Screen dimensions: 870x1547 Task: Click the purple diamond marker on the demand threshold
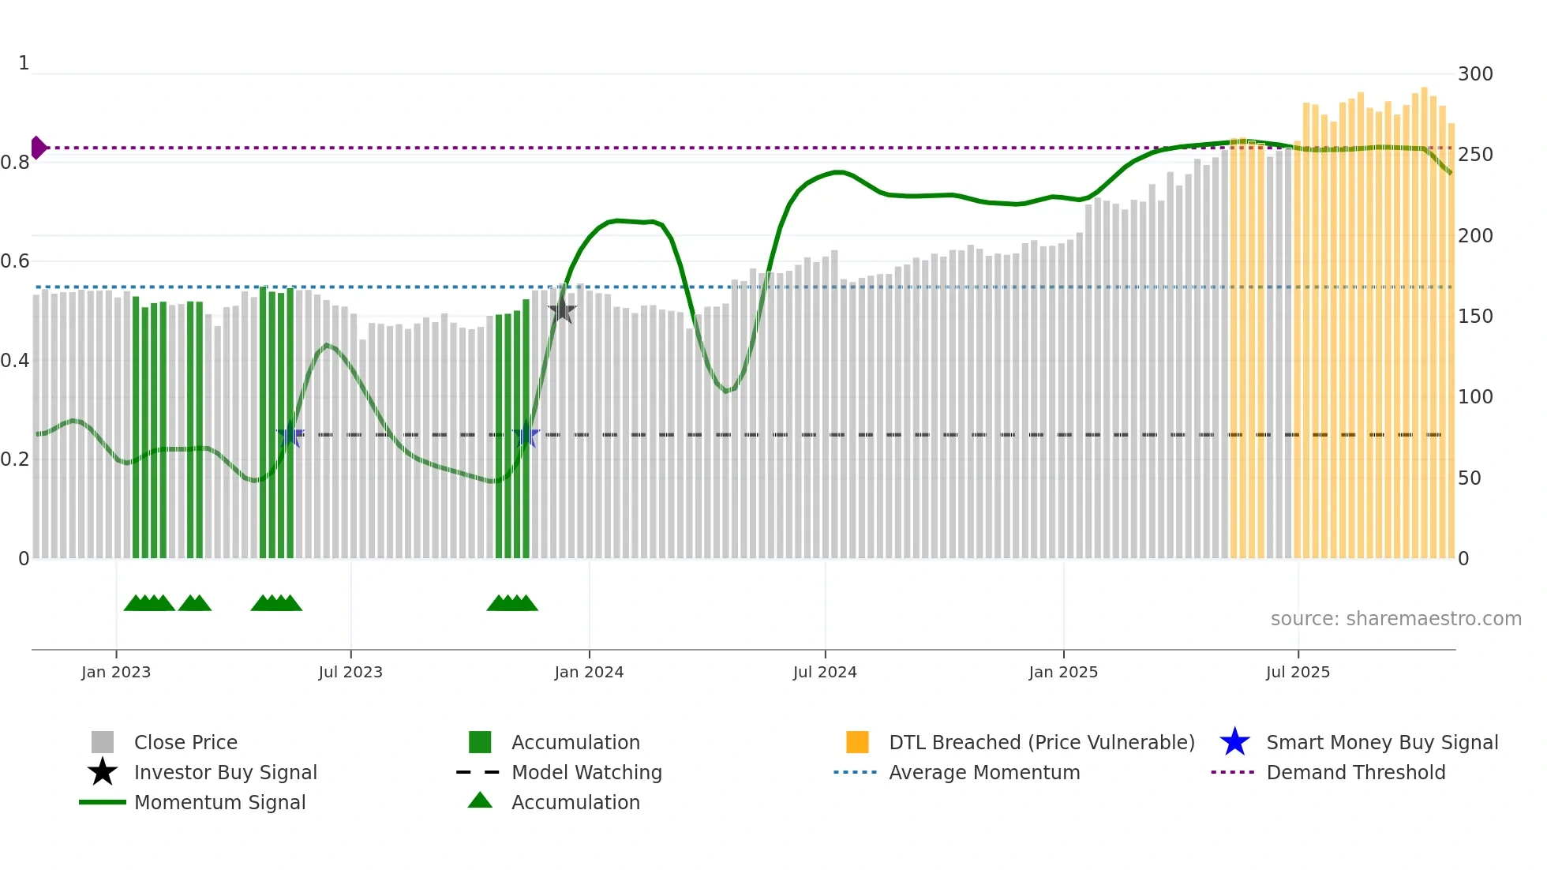click(38, 148)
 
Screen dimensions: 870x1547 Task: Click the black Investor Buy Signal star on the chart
click(562, 310)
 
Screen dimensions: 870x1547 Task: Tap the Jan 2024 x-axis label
click(589, 672)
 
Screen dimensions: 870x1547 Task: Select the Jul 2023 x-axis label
click(350, 672)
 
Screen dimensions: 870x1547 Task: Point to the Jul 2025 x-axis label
click(1298, 672)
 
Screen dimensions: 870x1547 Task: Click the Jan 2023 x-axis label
click(116, 672)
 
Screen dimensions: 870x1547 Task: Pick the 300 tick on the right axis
click(1475, 74)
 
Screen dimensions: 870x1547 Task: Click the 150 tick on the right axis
click(1475, 317)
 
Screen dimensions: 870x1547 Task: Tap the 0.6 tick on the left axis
click(15, 261)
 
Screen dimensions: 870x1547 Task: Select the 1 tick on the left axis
click(24, 63)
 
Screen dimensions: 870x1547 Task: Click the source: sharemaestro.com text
click(1395, 619)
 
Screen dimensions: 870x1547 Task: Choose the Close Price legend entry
click(185, 743)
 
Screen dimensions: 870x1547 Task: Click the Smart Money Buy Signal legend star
click(1234, 742)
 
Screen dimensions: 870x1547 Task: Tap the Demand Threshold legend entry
click(1355, 773)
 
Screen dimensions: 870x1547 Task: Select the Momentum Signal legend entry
click(219, 803)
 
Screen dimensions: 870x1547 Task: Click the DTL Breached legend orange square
click(857, 742)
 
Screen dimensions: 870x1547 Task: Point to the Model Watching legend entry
click(586, 773)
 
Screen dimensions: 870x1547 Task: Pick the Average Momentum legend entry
click(984, 773)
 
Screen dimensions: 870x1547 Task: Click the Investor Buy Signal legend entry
click(225, 773)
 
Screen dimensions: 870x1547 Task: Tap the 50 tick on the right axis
click(1470, 478)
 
